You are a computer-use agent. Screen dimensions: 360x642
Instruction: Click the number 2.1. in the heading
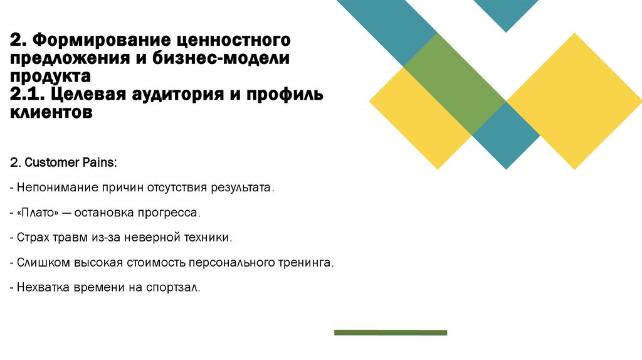coord(26,95)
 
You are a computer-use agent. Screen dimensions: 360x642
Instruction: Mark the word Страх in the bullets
coord(33,238)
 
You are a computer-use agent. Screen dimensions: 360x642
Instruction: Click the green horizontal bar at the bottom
coord(391,332)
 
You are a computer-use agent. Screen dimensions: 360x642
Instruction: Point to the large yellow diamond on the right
coord(574,100)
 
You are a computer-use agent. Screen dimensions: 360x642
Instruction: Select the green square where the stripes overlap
coord(455,83)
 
